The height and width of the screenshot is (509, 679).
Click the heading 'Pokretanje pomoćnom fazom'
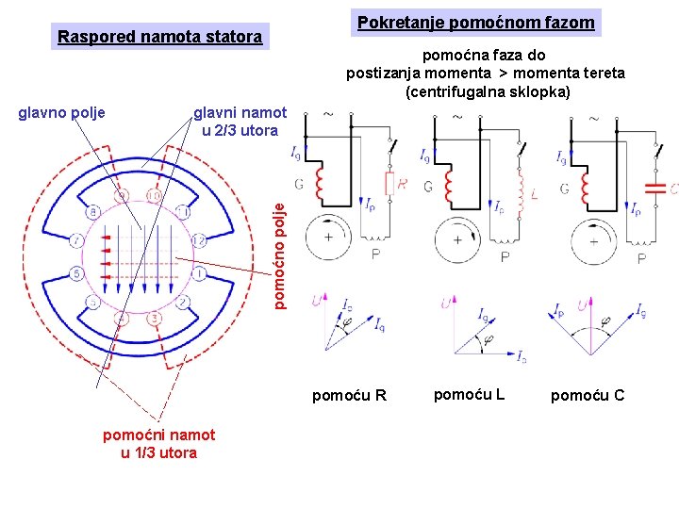476,22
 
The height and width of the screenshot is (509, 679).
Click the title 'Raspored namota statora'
160,38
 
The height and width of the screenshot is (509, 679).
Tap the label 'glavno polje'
62,113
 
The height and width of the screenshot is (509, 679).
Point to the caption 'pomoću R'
349,395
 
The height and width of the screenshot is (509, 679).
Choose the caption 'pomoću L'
469,394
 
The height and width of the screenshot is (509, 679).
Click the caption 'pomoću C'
588,395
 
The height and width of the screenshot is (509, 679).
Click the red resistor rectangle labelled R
388,185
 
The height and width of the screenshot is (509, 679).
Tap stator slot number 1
200,273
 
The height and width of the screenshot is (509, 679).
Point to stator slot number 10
154,195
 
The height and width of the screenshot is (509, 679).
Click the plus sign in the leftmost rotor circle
327,238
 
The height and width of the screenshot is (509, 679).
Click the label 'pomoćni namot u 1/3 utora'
159,443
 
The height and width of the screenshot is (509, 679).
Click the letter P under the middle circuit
505,256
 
